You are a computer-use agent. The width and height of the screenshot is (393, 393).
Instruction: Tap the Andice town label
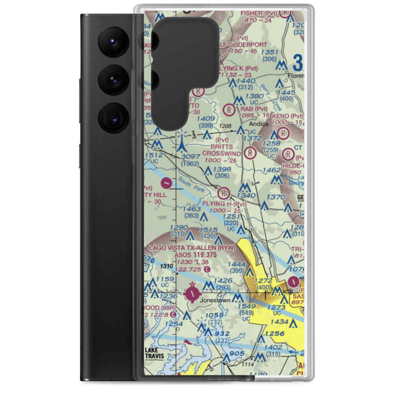click(x=259, y=124)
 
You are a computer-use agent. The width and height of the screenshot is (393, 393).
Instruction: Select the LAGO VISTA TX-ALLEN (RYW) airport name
click(x=191, y=248)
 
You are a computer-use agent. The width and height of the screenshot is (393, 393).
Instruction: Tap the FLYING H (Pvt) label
click(x=224, y=204)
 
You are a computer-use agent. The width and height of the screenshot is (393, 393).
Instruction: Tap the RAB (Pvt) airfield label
click(x=254, y=109)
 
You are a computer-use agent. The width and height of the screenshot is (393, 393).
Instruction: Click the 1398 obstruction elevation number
click(x=222, y=169)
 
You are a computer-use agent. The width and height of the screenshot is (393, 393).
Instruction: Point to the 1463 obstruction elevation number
click(x=191, y=209)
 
